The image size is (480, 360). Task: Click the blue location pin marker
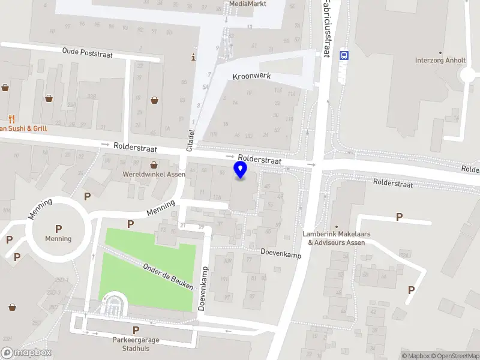241,169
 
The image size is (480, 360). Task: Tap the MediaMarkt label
247,4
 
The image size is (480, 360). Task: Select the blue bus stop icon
344,55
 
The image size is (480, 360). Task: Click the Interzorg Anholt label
440,60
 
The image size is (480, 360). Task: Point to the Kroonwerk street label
252,77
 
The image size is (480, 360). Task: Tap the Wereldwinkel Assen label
154,175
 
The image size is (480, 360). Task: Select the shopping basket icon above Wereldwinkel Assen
154,164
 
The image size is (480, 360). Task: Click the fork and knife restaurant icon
11,118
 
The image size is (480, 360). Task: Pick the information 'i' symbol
193,58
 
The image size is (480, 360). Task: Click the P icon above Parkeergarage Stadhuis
136,330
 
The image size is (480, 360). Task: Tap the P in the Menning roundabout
58,228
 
